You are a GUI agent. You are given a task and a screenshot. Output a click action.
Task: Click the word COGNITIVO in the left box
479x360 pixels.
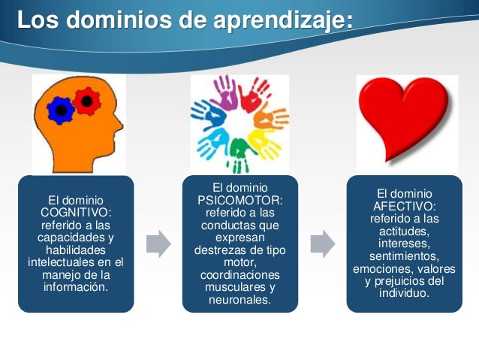pyautogui.click(x=75, y=213)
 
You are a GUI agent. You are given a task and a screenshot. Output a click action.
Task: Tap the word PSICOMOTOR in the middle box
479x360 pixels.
pyautogui.click(x=239, y=199)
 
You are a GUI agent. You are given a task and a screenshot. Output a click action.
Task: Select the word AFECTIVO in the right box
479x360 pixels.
pyautogui.click(x=403, y=206)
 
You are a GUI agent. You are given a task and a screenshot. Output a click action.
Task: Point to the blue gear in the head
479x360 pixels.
pyautogui.click(x=59, y=110)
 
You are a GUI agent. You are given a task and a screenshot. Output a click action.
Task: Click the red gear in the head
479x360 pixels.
pyautogui.click(x=87, y=98)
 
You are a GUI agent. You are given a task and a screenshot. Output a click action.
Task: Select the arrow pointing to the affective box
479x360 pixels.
pyautogui.click(x=322, y=243)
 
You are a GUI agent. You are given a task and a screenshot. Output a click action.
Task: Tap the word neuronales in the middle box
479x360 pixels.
pyautogui.click(x=240, y=301)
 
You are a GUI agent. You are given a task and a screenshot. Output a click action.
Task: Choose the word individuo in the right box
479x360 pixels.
pyautogui.click(x=403, y=293)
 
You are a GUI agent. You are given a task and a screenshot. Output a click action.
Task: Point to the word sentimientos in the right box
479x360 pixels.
pyautogui.click(x=403, y=256)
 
